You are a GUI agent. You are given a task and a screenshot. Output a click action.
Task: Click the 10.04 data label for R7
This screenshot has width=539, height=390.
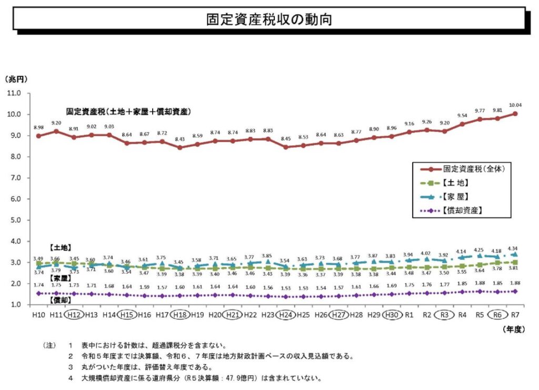click(514, 105)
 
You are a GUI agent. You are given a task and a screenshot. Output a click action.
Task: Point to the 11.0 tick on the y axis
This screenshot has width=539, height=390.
click(20, 93)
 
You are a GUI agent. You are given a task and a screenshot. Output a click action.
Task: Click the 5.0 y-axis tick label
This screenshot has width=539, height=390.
click(20, 220)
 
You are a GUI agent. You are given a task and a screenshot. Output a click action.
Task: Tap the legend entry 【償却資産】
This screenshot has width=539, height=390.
click(463, 210)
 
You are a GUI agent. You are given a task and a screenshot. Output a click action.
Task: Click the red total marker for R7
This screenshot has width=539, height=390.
click(515, 114)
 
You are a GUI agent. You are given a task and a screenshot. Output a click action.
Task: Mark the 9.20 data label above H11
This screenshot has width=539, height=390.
click(56, 123)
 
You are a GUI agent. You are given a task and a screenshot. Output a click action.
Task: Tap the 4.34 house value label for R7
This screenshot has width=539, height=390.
click(512, 248)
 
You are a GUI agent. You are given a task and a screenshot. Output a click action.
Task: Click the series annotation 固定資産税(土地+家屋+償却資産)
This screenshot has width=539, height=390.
click(128, 112)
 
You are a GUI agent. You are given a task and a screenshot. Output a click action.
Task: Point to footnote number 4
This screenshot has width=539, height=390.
click(70, 378)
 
